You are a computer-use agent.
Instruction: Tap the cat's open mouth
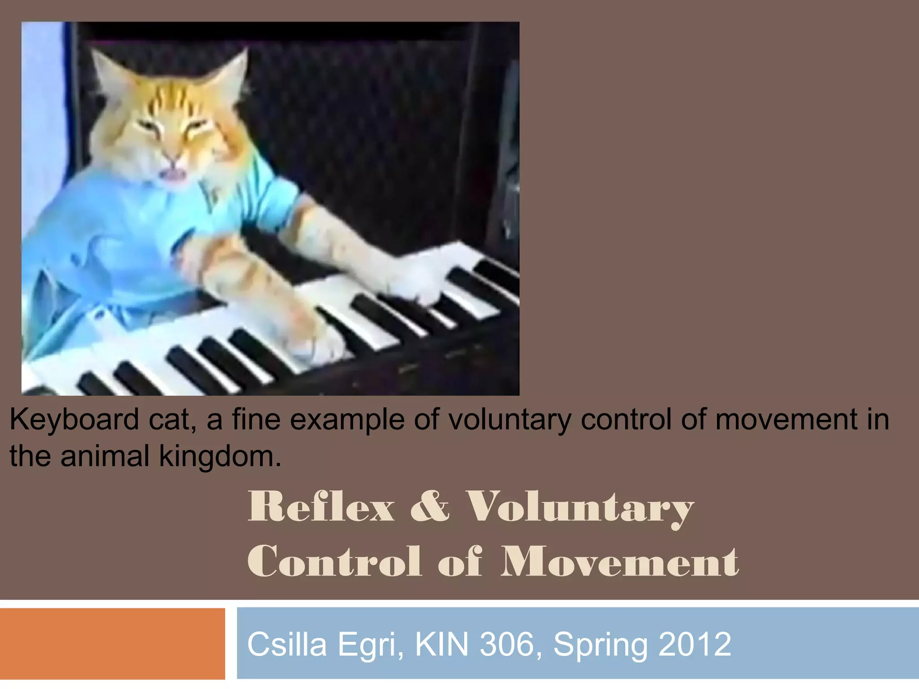[174, 174]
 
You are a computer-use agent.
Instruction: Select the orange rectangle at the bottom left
[112, 643]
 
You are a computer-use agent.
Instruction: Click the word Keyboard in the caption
[74, 420]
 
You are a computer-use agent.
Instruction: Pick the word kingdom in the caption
[220, 456]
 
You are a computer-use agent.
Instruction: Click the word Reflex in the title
[321, 507]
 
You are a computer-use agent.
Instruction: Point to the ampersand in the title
[429, 507]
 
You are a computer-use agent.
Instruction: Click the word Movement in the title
[619, 562]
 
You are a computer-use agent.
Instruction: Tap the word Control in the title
[334, 562]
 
